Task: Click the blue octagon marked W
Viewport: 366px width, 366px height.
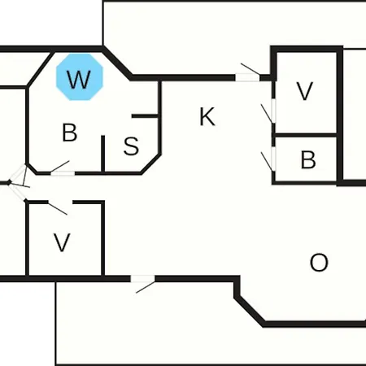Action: point(80,77)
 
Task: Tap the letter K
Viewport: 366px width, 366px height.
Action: point(207,116)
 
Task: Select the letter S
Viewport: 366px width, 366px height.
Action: point(131,146)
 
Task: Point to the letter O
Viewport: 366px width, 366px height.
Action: point(319,263)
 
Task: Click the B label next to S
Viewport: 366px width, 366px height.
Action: point(70,133)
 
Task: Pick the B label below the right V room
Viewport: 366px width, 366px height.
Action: point(308,159)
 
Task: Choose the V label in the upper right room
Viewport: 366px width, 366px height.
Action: point(305,91)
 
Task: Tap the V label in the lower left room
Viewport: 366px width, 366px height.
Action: point(62,242)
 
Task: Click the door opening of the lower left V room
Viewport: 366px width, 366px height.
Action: point(60,203)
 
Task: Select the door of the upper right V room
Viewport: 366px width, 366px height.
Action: point(273,111)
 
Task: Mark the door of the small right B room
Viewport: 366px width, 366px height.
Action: point(273,159)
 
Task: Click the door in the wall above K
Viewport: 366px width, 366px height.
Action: point(247,77)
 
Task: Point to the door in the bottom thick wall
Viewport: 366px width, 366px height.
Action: point(143,279)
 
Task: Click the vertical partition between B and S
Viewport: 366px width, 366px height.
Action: point(103,154)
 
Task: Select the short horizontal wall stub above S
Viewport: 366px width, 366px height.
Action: point(145,116)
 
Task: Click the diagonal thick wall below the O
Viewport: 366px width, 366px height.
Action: point(250,311)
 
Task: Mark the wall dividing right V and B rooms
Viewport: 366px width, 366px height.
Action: point(306,135)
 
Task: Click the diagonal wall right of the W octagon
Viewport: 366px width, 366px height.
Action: point(117,63)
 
